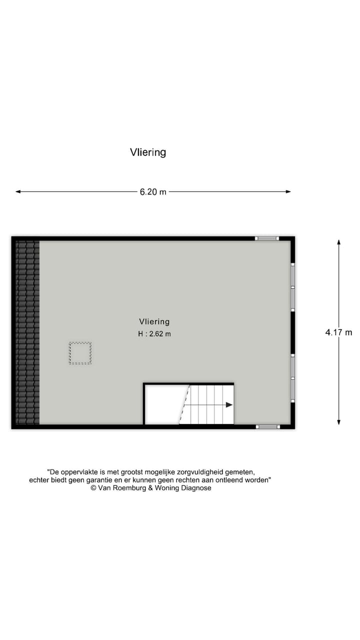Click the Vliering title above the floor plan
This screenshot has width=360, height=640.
(x=148, y=152)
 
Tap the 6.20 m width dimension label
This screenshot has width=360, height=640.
(x=153, y=192)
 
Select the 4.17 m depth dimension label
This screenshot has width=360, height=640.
(x=338, y=332)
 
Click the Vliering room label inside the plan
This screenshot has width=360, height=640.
(x=154, y=322)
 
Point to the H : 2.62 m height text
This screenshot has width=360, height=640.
(x=154, y=334)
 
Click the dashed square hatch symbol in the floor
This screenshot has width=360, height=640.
(x=80, y=353)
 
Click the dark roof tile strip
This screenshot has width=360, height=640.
(x=27, y=332)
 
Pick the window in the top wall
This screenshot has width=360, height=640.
(x=267, y=238)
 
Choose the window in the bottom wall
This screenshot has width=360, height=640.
(x=268, y=426)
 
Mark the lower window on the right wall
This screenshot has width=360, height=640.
(x=293, y=378)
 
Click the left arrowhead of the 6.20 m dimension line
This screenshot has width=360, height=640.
(x=18, y=191)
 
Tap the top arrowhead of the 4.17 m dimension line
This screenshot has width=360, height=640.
(x=338, y=242)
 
